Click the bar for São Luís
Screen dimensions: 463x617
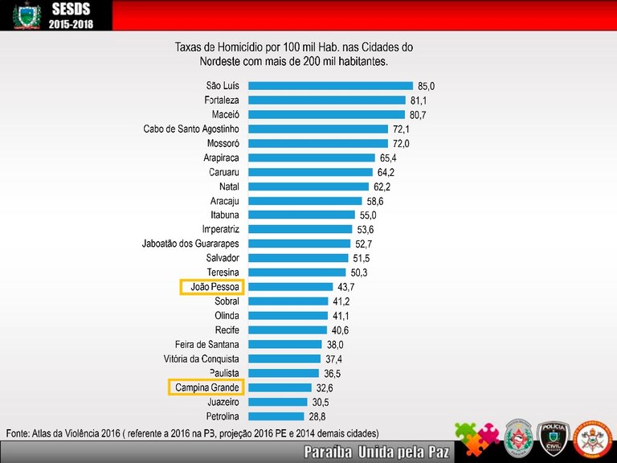tap(330, 85)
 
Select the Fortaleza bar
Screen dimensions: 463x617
tap(326, 100)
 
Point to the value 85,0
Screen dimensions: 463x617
tap(427, 86)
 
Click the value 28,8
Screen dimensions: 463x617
tap(317, 417)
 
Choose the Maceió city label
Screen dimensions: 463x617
tap(223, 115)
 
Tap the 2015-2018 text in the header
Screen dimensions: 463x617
tap(71, 26)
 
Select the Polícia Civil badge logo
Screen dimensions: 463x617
tap(553, 437)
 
